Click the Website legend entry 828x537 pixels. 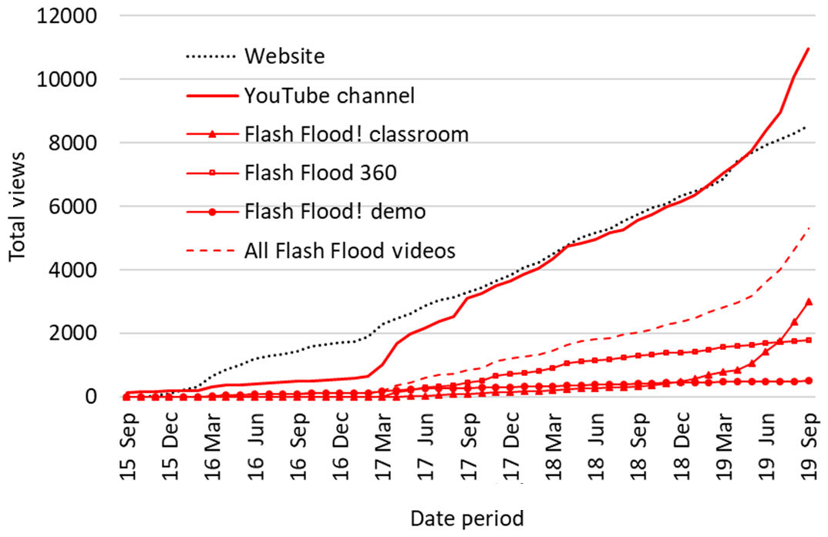[x=284, y=56]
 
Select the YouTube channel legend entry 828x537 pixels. [x=329, y=96]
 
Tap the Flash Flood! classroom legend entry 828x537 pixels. [x=355, y=134]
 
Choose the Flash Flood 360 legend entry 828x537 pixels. [x=320, y=173]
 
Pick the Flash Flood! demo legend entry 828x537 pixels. [x=334, y=211]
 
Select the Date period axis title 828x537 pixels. [x=466, y=518]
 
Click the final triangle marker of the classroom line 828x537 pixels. [x=809, y=302]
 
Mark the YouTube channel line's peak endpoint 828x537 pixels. [x=809, y=49]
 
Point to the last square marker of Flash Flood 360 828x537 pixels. [x=809, y=340]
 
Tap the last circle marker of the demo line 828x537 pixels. [x=809, y=381]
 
